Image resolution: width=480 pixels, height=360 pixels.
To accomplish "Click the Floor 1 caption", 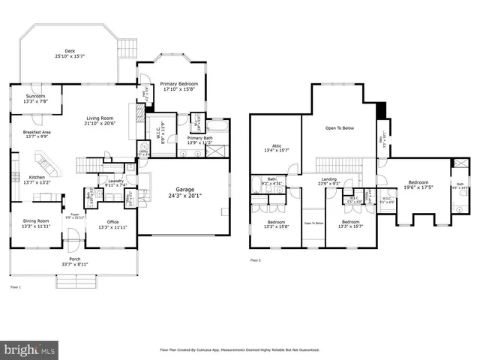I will [16, 287].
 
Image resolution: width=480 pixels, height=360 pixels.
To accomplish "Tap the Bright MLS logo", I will [30, 349].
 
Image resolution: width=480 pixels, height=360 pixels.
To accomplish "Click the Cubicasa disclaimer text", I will [240, 349].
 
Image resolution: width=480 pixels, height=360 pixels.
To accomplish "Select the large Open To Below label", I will [340, 128].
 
